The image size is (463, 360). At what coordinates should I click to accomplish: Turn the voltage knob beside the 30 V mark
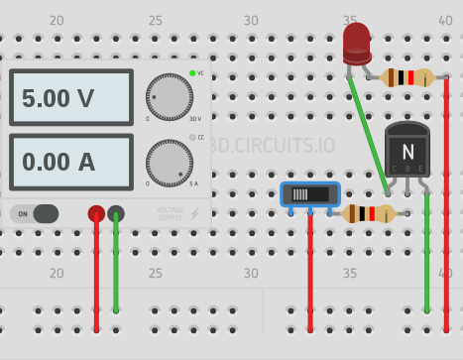(169, 97)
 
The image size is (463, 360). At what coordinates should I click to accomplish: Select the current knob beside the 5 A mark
(169, 162)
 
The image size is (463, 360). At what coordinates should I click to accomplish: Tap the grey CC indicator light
(192, 137)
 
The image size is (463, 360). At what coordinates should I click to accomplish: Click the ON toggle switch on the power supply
(36, 213)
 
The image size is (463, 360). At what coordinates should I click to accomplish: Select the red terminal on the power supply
(96, 213)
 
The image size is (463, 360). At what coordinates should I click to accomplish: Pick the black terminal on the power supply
(116, 213)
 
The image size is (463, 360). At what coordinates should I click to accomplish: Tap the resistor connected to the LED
(408, 77)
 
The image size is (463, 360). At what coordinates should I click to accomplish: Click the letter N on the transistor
(406, 151)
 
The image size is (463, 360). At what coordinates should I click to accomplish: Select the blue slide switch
(309, 194)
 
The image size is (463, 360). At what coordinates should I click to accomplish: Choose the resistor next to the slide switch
(368, 213)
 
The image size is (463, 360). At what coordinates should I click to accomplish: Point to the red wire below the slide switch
(310, 273)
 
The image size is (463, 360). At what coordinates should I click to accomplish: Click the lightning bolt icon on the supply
(195, 213)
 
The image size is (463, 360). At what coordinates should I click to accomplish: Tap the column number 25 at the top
(155, 21)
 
